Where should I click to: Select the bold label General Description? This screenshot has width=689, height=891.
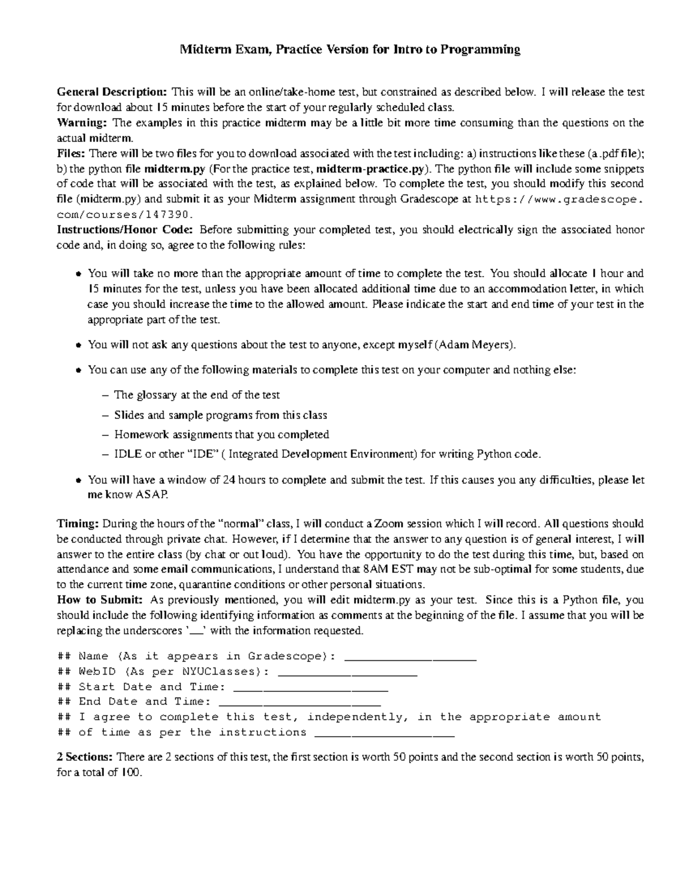click(x=112, y=92)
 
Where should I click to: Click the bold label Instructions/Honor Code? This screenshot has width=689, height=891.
click(x=126, y=230)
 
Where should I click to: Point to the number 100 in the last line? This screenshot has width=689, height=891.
click(x=130, y=773)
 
